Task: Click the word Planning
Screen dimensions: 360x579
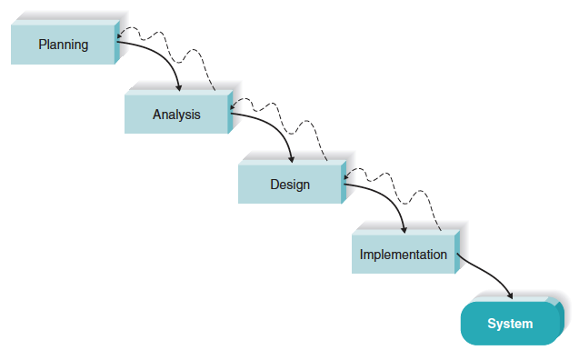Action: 63,45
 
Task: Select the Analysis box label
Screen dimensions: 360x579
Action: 176,115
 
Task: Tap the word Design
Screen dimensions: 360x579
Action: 290,185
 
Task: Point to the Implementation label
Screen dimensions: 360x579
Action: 403,255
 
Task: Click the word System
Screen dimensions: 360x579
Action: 510,324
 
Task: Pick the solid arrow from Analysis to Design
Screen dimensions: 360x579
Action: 277,127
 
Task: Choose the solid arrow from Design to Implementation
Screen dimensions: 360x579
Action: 391,198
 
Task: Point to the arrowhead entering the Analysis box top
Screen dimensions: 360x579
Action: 179,87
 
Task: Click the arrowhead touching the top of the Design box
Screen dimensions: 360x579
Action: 292,158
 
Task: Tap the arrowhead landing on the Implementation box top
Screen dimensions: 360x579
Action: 404,229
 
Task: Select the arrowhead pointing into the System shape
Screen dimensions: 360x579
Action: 511,296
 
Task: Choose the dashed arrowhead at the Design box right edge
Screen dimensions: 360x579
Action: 346,177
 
